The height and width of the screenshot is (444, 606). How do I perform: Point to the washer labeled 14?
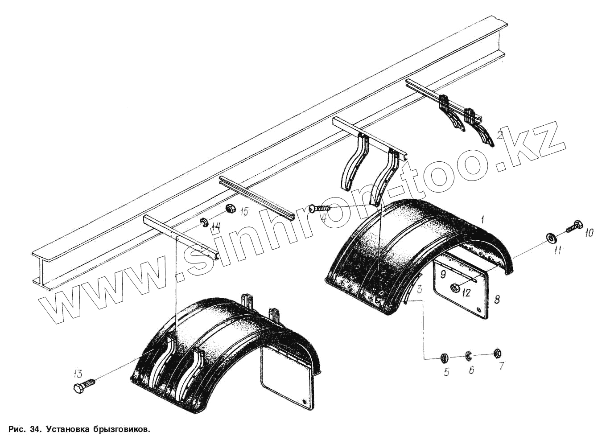pos(204,222)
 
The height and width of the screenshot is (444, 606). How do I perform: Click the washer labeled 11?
pos(551,238)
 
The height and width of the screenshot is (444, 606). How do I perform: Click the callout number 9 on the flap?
pos(443,274)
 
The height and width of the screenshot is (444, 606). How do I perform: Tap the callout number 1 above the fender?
pos(483,218)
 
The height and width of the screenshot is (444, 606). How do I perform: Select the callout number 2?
pos(500,134)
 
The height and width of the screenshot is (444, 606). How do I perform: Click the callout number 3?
pos(419,289)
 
